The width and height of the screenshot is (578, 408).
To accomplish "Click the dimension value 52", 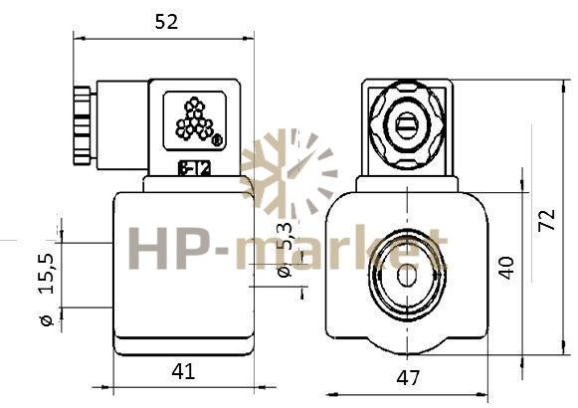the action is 166,22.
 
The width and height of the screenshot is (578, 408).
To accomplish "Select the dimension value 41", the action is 183,371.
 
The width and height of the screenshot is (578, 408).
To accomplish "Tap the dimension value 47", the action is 408,378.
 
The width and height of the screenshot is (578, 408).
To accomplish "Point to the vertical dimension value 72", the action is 547,220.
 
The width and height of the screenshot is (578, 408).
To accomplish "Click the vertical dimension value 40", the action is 505,268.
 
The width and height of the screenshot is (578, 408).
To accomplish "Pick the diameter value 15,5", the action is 47,274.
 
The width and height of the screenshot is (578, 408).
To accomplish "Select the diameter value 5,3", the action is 285,236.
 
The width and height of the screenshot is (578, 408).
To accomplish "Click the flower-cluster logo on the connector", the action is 194,119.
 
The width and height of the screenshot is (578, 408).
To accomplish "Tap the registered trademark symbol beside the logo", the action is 217,140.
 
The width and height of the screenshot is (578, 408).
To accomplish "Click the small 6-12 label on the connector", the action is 194,169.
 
